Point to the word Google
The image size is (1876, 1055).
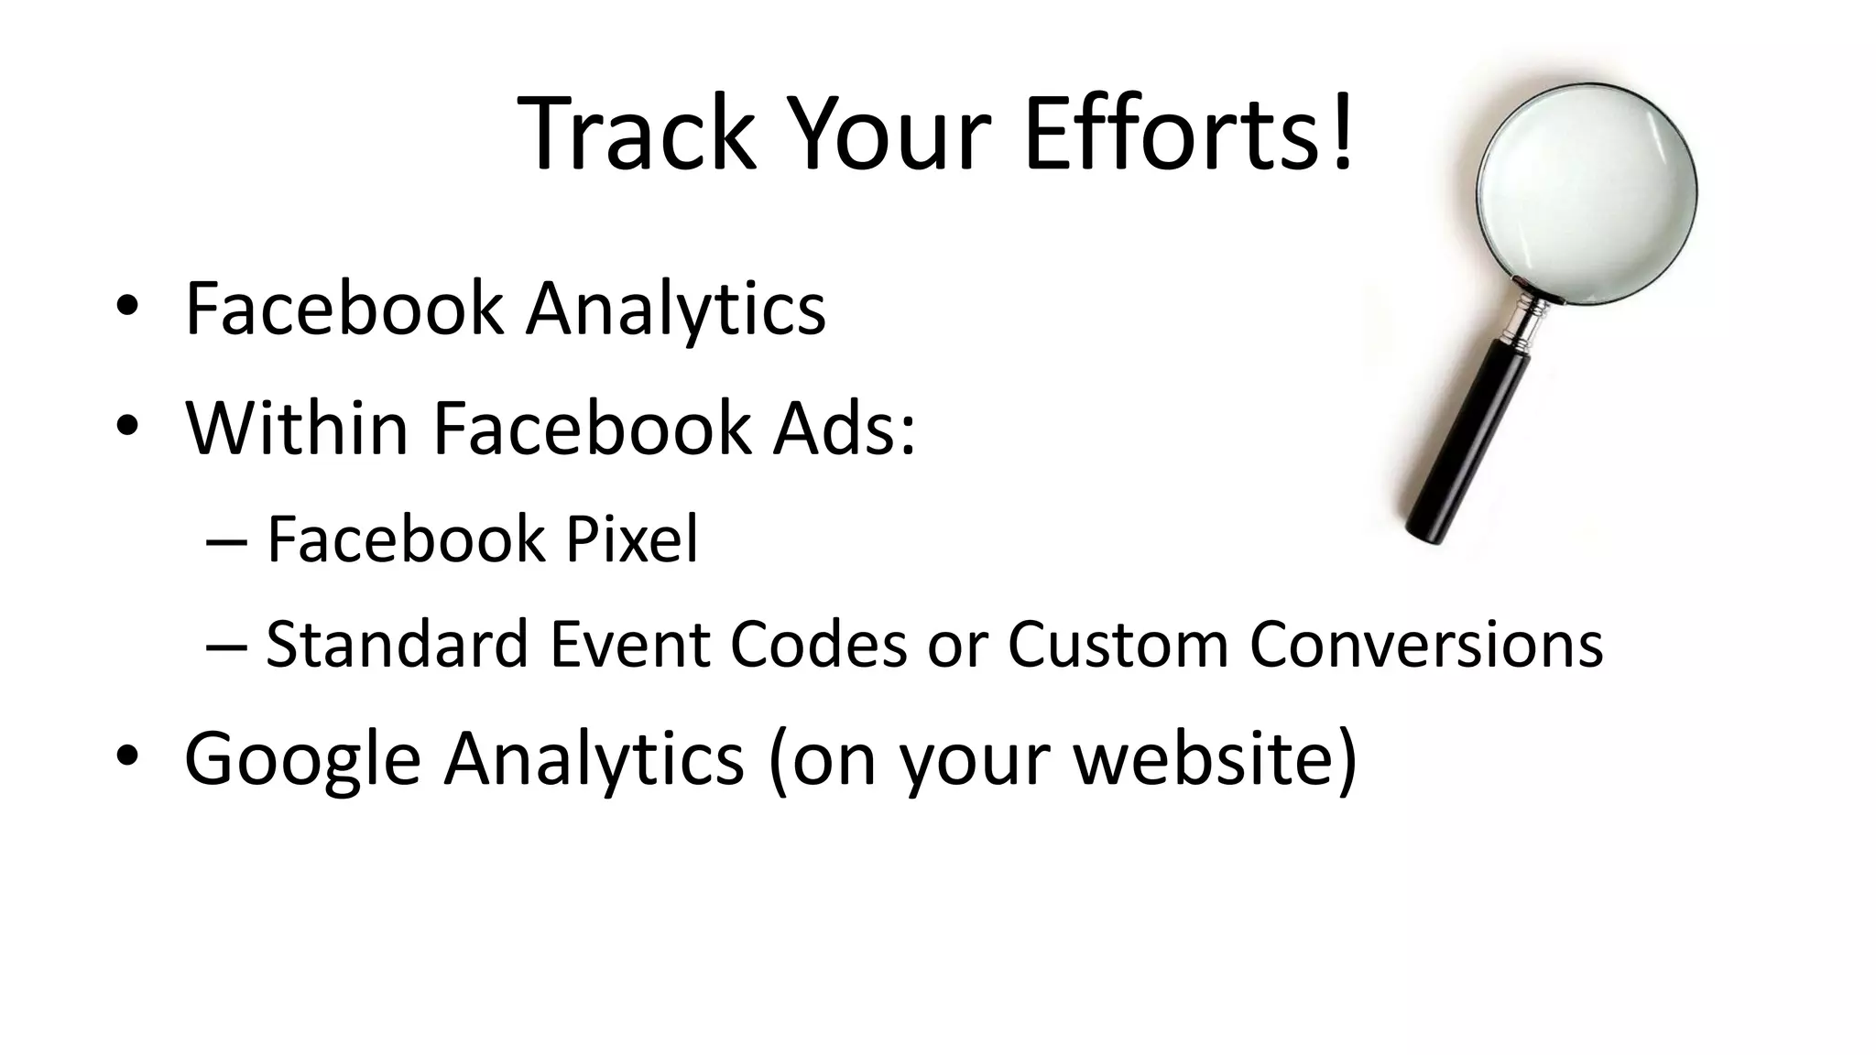(x=302, y=758)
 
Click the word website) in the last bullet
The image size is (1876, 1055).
(x=1215, y=758)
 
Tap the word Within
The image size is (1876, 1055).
(x=296, y=428)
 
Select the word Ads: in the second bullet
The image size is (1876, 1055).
(x=843, y=428)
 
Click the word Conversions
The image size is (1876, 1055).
(x=1426, y=644)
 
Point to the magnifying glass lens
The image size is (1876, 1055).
(x=1587, y=192)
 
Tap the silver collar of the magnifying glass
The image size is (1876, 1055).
(x=1526, y=321)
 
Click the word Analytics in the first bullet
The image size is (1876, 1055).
(x=675, y=309)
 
